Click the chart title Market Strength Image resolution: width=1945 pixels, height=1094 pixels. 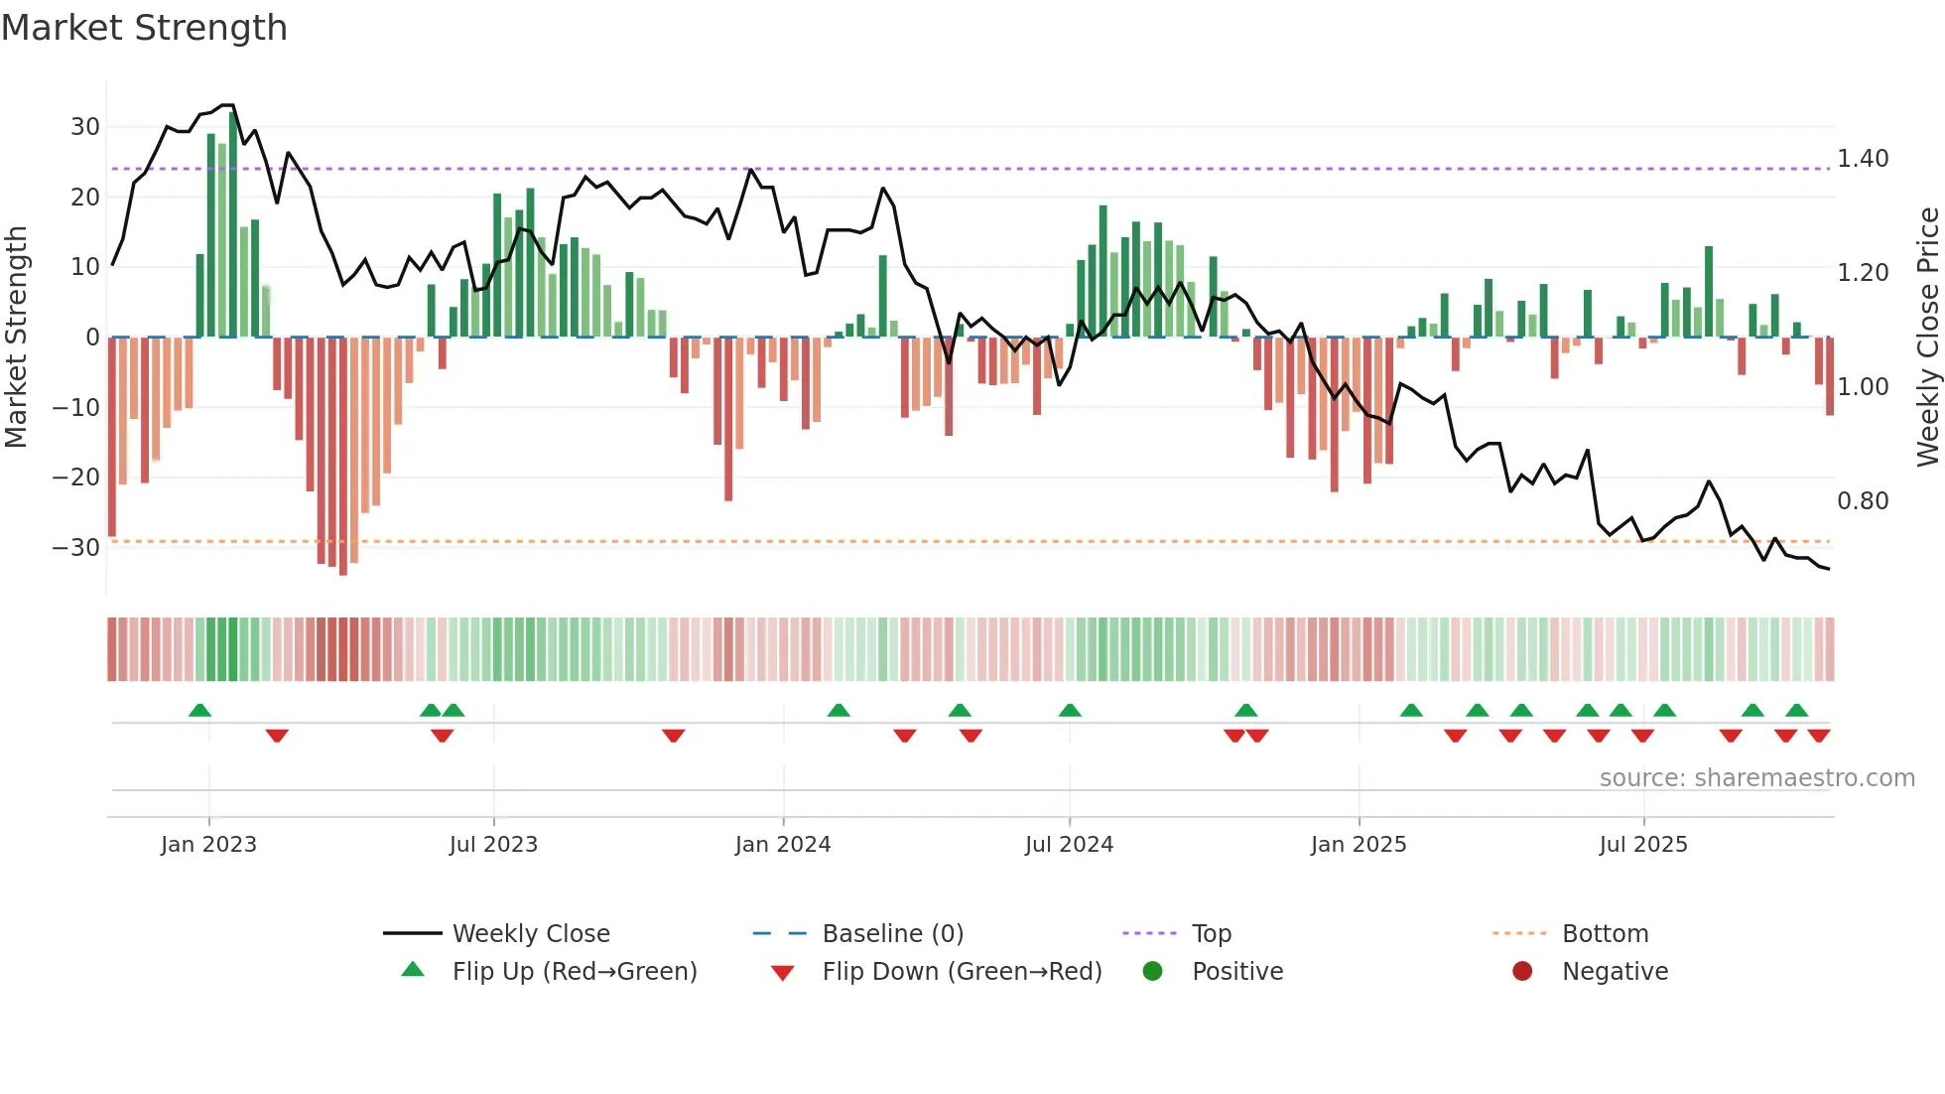click(x=144, y=28)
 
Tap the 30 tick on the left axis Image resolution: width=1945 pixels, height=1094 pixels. click(x=85, y=127)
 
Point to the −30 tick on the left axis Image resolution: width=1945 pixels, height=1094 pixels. click(x=77, y=548)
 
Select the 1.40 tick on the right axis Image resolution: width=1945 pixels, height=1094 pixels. click(x=1863, y=159)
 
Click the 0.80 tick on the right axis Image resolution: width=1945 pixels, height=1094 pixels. click(x=1863, y=501)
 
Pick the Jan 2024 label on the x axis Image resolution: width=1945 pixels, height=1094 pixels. click(x=782, y=845)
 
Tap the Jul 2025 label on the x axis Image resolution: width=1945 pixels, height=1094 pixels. click(x=1642, y=845)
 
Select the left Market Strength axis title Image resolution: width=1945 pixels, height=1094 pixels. click(x=16, y=338)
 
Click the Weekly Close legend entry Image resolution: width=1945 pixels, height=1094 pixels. click(x=530, y=934)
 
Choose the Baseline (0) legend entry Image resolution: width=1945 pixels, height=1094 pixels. click(x=892, y=934)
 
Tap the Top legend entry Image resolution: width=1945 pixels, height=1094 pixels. click(x=1211, y=934)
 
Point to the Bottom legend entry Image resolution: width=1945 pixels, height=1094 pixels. click(x=1605, y=934)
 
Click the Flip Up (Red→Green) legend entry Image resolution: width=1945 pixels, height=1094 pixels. click(x=574, y=972)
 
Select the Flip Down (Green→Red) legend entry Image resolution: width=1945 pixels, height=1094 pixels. click(x=961, y=972)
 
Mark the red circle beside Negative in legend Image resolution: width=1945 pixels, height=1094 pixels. click(x=1521, y=972)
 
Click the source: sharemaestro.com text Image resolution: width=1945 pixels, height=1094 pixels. click(x=1756, y=778)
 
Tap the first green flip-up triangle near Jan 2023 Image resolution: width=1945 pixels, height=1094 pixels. click(x=199, y=711)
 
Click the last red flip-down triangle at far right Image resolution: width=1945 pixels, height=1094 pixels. click(x=1818, y=736)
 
